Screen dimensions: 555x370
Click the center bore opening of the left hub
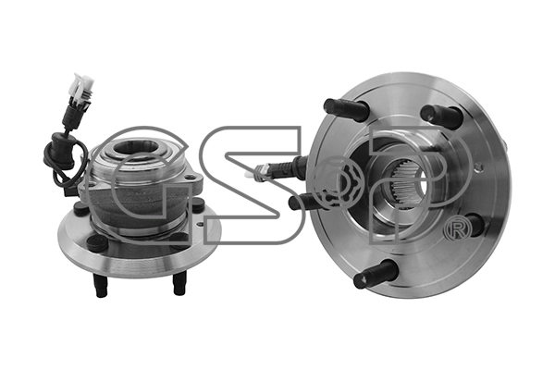133,147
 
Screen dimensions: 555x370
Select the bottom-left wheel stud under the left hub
100,286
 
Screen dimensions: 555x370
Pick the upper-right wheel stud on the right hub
441,115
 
